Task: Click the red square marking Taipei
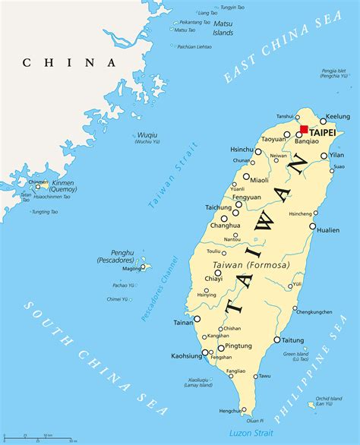point(304,129)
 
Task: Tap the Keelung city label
point(337,118)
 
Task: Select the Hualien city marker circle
point(313,226)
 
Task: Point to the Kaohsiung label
point(188,355)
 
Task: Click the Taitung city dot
point(277,339)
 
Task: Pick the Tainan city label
point(184,323)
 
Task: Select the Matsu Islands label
point(223,28)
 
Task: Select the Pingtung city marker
point(221,349)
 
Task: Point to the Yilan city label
point(338,156)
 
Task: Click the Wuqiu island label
point(147,138)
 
